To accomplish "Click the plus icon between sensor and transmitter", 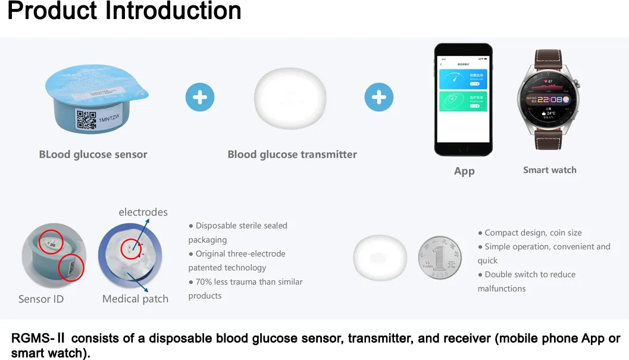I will [x=200, y=97].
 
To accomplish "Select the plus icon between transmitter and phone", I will [x=379, y=97].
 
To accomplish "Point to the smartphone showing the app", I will [x=462, y=100].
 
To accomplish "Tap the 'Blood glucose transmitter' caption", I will [x=292, y=155].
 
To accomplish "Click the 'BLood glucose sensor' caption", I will [x=93, y=155].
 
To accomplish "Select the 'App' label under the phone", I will [x=464, y=171].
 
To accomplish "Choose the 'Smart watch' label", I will [x=549, y=170].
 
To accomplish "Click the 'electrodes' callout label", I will [x=143, y=212].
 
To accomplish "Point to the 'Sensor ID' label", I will [x=41, y=299].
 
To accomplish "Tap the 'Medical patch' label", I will [x=135, y=299].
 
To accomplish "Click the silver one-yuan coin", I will [x=439, y=258].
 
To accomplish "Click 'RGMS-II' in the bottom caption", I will [x=37, y=339].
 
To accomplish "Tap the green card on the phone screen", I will [x=462, y=101].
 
